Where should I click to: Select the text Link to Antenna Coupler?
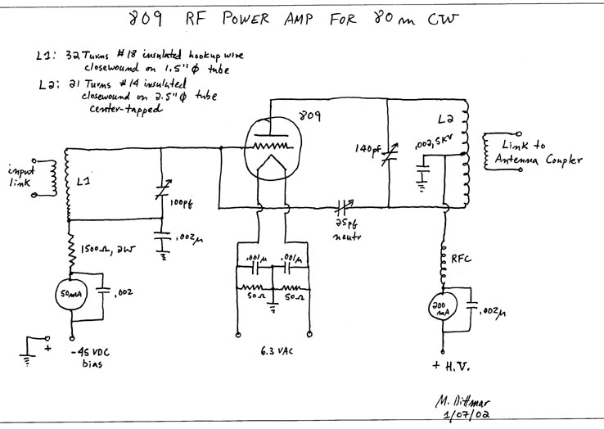tap(537, 151)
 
